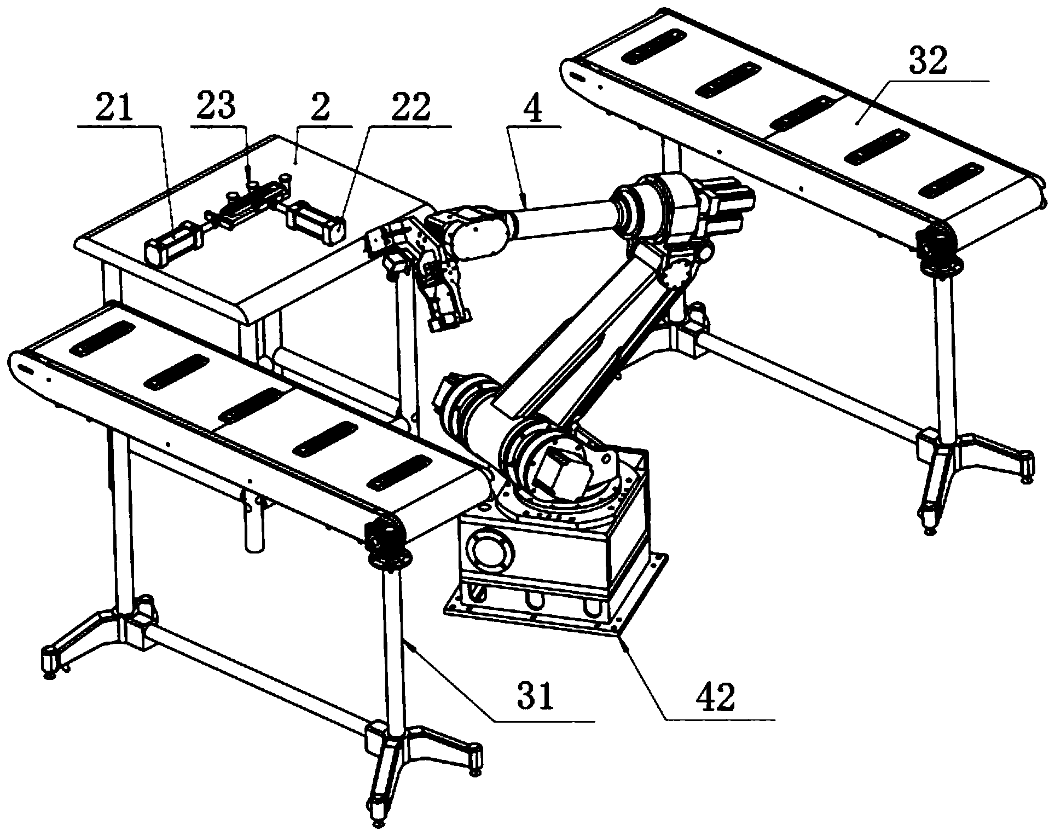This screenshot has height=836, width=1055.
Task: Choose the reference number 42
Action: [715, 697]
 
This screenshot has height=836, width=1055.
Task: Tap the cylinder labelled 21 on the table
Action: [173, 244]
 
